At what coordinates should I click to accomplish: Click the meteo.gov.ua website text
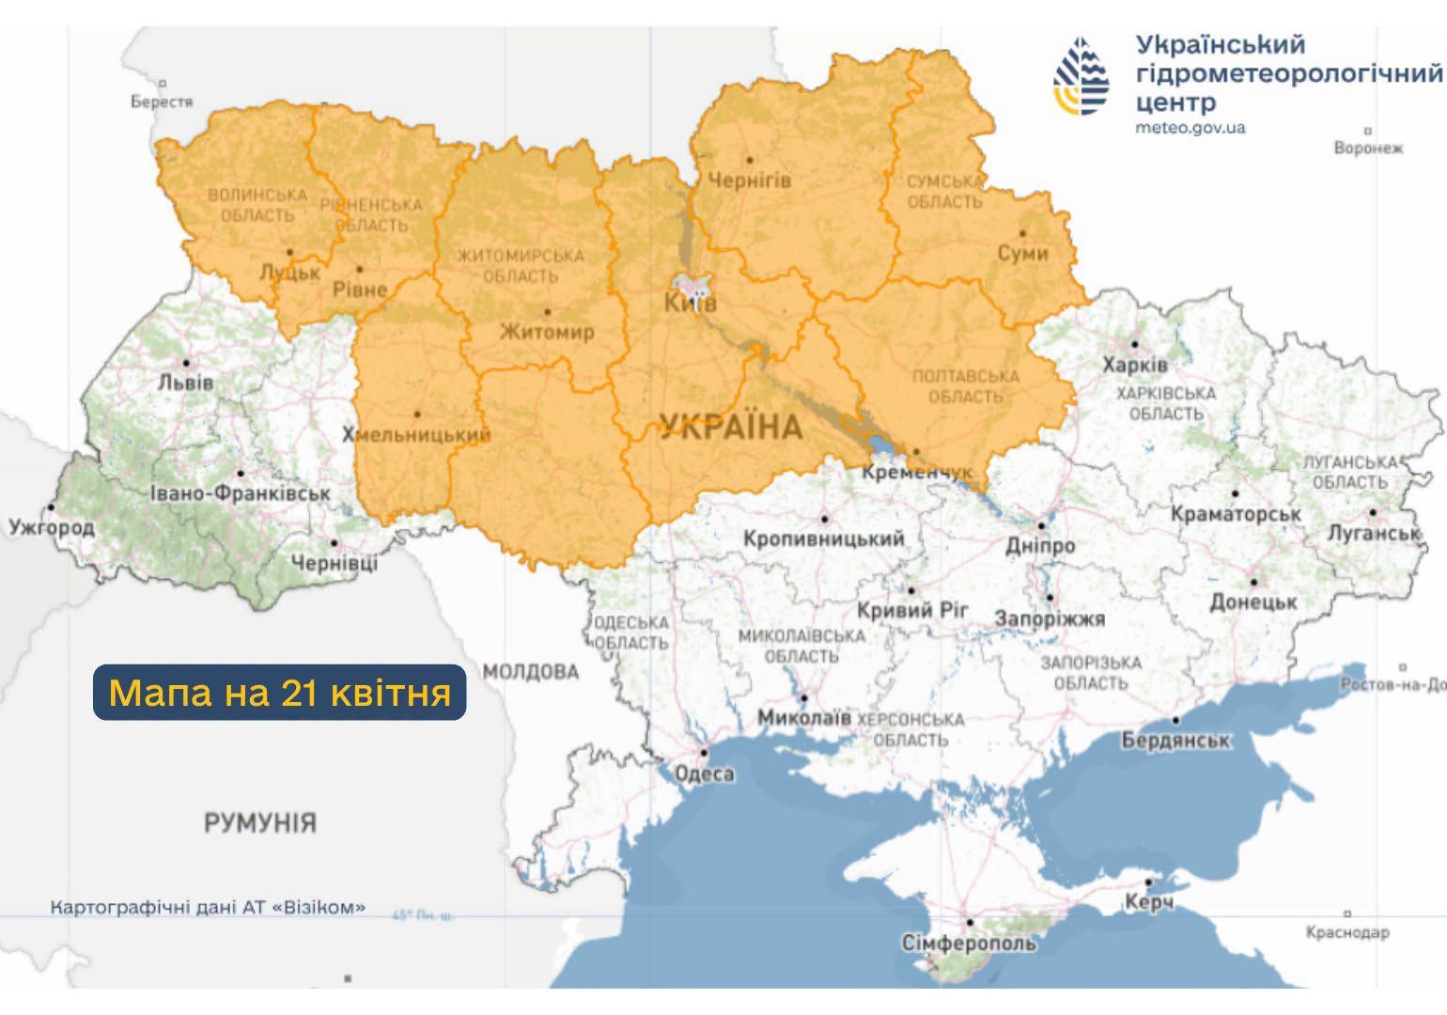click(x=1190, y=128)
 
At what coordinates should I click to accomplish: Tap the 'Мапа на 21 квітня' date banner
click(x=279, y=693)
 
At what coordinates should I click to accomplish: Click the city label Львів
click(x=186, y=383)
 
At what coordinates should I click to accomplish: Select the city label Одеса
click(x=705, y=773)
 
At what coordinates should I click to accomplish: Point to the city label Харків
click(x=1135, y=365)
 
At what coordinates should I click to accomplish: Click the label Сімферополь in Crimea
click(x=969, y=943)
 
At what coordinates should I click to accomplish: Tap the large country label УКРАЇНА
click(x=731, y=428)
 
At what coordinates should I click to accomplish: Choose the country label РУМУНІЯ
click(x=260, y=823)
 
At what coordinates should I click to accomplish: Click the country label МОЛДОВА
click(x=531, y=672)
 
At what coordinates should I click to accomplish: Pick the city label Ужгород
click(x=52, y=527)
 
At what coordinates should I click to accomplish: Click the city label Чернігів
click(x=749, y=180)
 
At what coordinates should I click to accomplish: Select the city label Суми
click(x=1022, y=254)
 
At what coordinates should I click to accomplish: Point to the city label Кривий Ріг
click(x=911, y=611)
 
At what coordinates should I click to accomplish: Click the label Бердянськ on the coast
click(x=1175, y=740)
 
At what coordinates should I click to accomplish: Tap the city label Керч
click(x=1148, y=902)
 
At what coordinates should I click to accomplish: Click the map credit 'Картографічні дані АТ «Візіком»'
click(x=208, y=908)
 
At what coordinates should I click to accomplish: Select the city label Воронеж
click(x=1368, y=148)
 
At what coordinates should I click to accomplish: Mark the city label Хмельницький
click(x=416, y=434)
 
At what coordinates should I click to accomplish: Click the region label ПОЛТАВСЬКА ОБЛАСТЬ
click(x=965, y=386)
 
